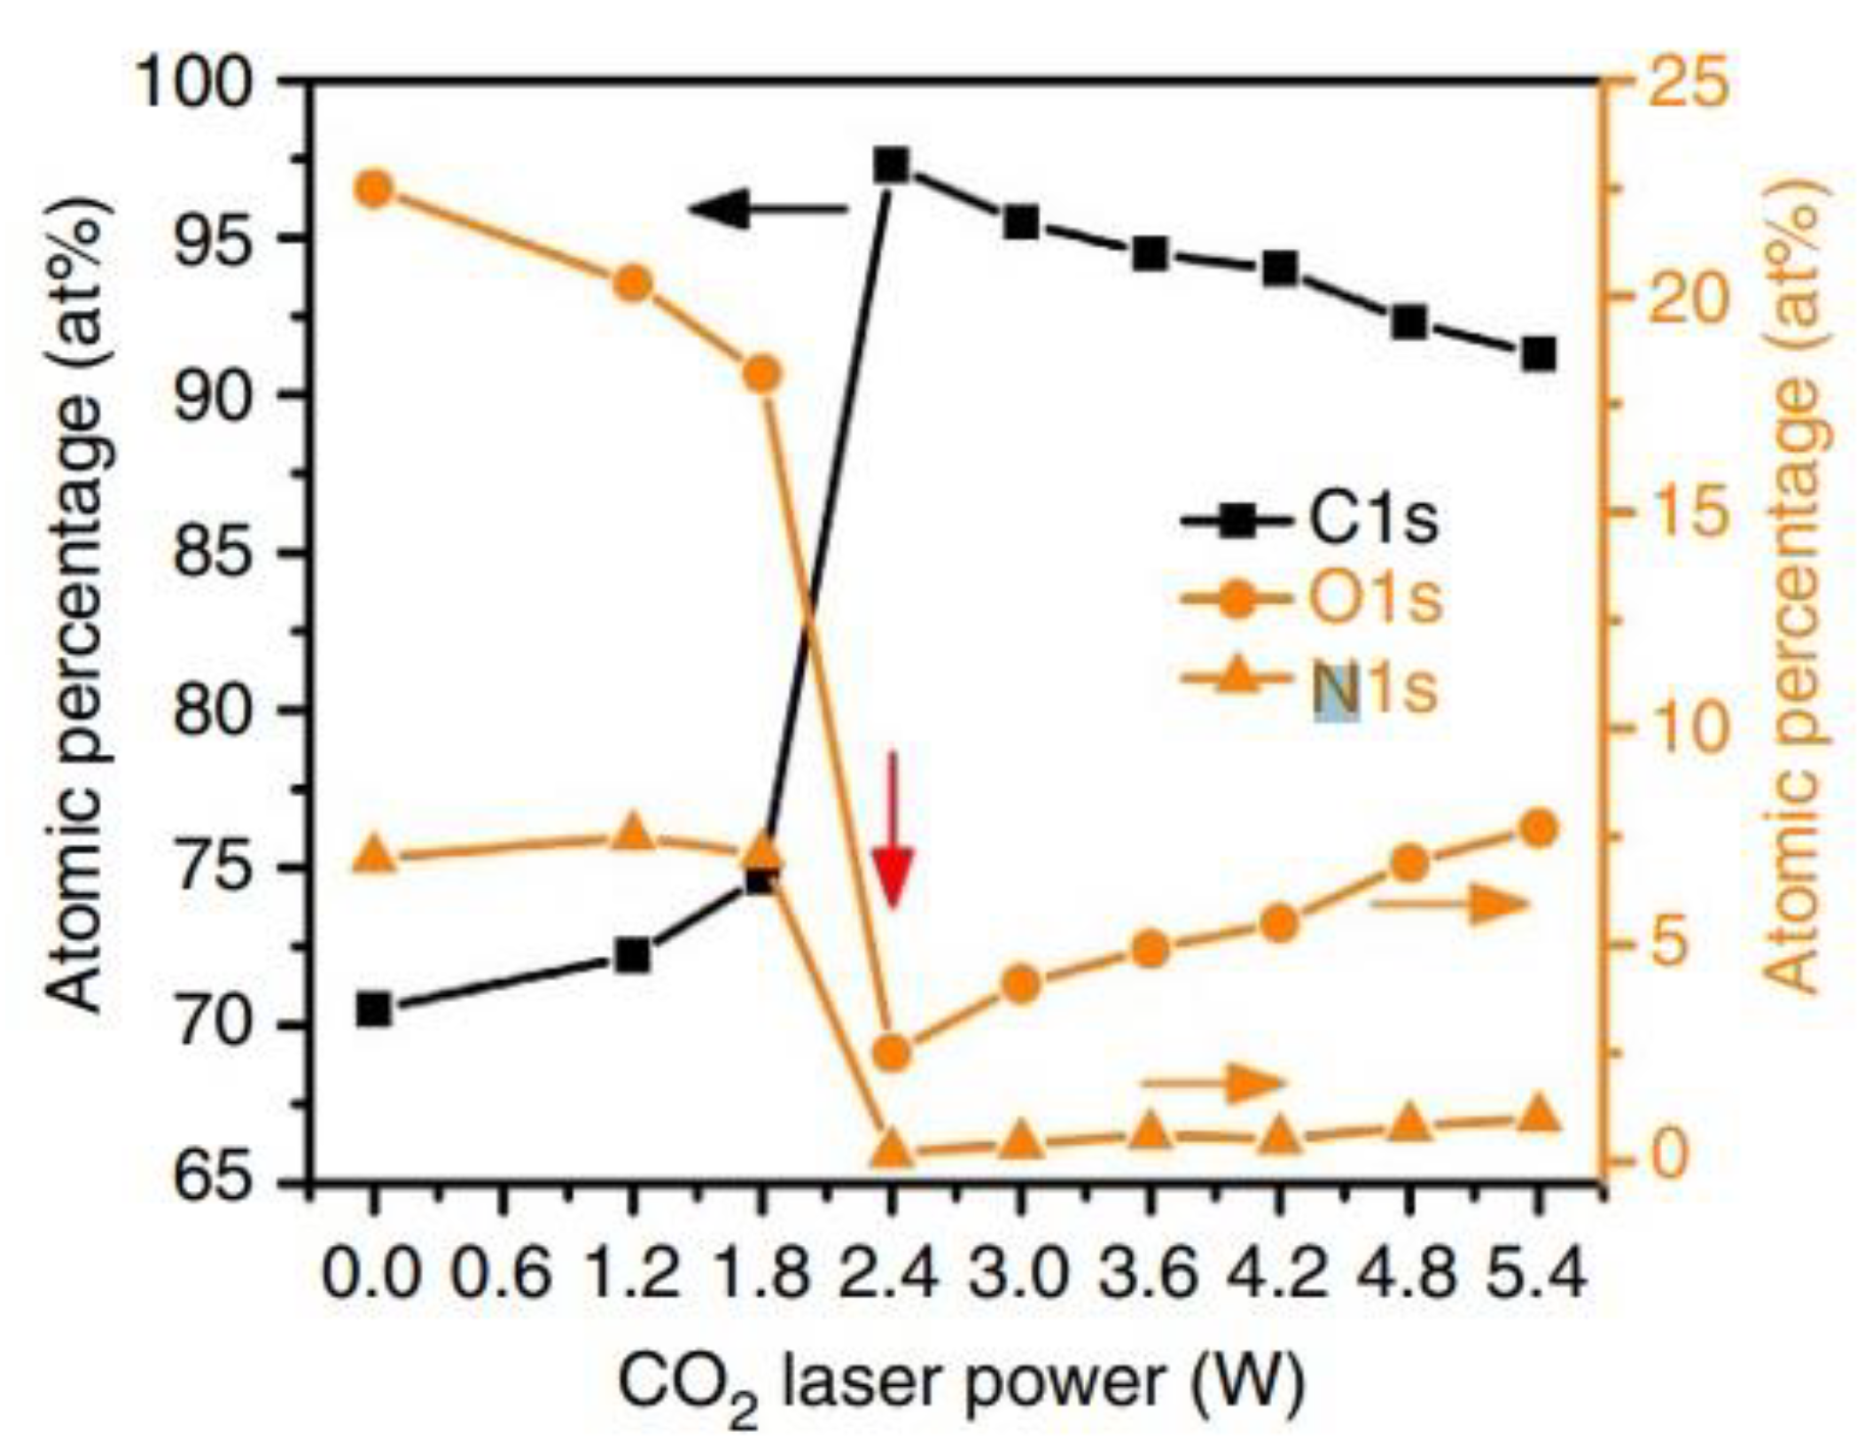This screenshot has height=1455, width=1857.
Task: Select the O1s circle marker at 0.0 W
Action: pos(373,189)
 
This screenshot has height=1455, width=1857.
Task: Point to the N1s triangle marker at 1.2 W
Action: pos(632,834)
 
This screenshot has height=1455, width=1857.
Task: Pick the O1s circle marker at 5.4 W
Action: pos(1539,829)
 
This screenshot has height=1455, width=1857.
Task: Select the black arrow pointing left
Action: pos(767,210)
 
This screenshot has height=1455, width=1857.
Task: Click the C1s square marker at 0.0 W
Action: pos(373,1010)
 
